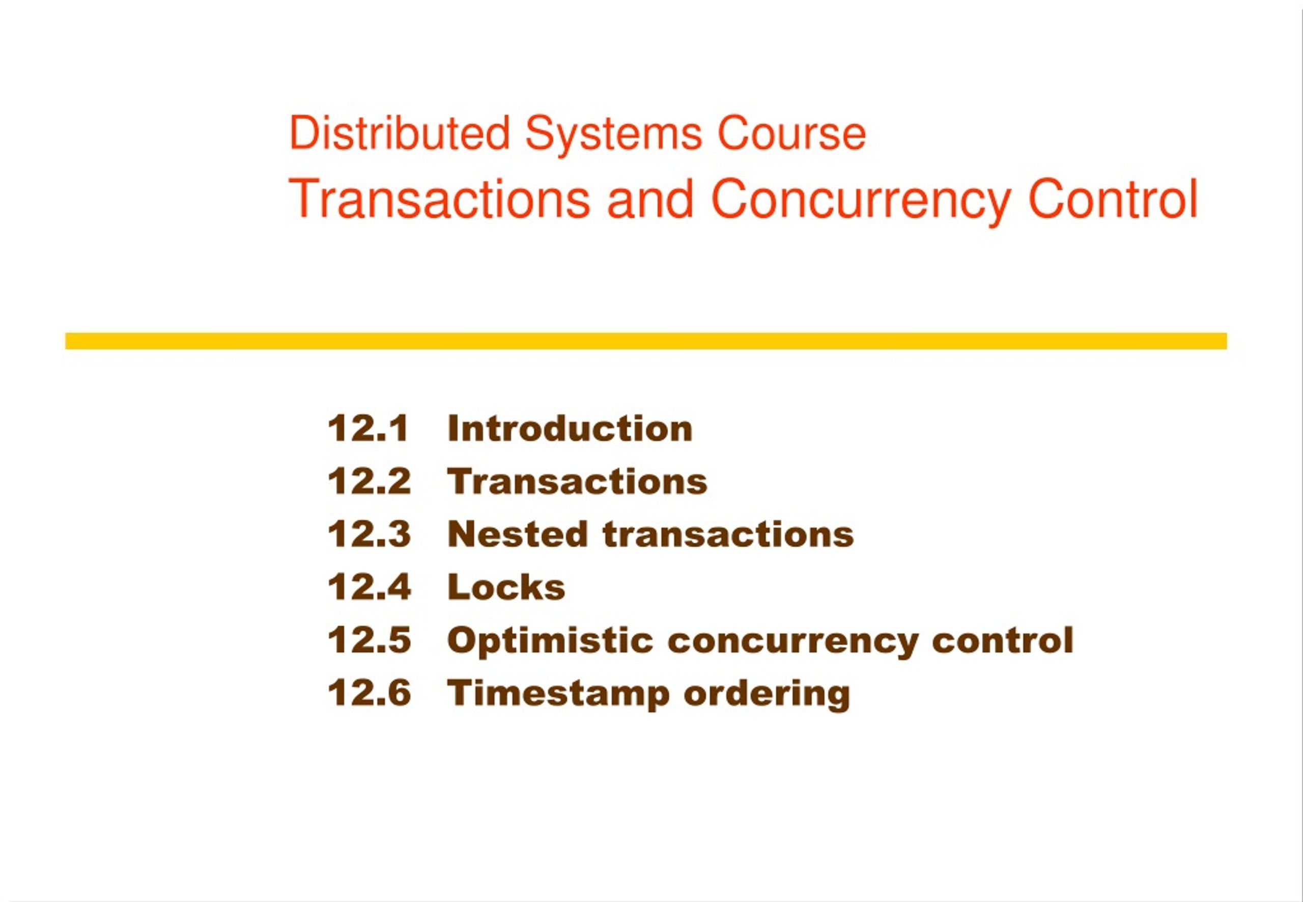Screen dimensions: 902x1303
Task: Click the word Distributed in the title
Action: pos(399,133)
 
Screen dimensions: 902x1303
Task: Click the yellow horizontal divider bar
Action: pos(645,341)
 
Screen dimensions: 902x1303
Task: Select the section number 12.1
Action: pos(368,429)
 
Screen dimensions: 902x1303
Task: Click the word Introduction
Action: pos(570,429)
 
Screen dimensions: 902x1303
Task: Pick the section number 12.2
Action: pos(369,482)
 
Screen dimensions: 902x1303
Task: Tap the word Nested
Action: pos(517,534)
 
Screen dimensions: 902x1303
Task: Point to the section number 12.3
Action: pos(369,534)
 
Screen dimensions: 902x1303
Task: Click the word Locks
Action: pos(506,587)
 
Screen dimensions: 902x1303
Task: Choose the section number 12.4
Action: pos(369,587)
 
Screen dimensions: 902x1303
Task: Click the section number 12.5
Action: pos(369,640)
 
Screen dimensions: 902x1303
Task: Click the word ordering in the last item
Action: pos(766,694)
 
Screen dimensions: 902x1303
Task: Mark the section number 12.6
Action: pos(369,693)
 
